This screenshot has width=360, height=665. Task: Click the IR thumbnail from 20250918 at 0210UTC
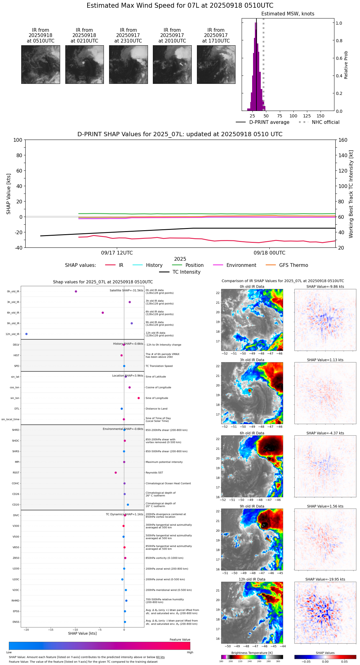point(84,64)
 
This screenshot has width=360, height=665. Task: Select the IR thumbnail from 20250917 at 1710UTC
point(216,64)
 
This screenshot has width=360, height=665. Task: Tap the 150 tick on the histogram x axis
point(321,116)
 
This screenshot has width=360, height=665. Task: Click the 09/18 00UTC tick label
point(269,253)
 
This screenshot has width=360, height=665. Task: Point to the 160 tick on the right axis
point(343,140)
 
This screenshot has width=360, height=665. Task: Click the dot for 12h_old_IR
point(27,334)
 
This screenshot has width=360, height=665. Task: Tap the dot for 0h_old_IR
point(76,291)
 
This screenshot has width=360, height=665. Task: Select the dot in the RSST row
point(116,473)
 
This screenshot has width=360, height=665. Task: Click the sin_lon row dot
point(139,398)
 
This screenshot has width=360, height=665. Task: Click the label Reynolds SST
point(154,473)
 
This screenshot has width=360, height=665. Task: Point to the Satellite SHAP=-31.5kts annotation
point(126,290)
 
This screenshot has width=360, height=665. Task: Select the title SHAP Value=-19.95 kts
point(325,579)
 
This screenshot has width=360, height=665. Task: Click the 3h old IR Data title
point(252,360)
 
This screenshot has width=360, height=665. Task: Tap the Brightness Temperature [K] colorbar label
point(252,653)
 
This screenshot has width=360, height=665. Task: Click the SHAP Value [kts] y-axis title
point(9,194)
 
